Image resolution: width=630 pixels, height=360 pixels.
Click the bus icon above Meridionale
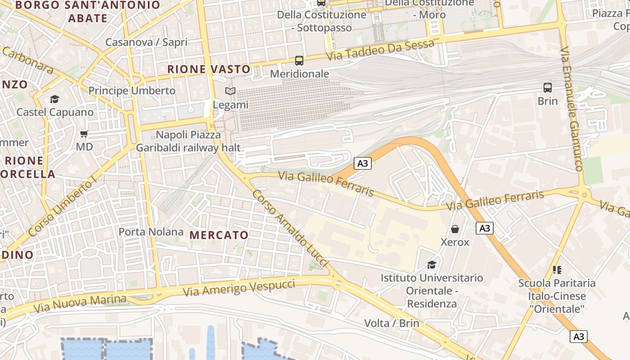299,60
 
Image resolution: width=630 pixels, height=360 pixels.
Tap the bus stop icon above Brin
547,87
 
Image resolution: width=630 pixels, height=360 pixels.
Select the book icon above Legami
230,91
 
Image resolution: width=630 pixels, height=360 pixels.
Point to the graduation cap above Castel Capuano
54,99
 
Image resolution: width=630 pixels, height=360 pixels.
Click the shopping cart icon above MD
84,134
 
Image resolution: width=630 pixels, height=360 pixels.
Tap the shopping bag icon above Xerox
455,229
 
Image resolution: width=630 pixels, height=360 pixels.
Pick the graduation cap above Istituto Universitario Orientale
432,265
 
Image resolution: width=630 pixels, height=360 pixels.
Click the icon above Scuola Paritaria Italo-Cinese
557,270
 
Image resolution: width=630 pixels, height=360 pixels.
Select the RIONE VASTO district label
209,69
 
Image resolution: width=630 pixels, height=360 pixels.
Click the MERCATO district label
219,235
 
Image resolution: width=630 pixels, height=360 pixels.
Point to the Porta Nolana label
151,232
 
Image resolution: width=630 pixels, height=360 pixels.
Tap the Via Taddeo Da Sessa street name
381,50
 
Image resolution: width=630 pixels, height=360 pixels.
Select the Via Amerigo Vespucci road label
239,288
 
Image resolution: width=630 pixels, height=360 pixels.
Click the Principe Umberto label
132,90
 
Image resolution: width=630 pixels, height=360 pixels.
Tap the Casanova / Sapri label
146,42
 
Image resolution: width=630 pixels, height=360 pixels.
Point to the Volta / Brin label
391,323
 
